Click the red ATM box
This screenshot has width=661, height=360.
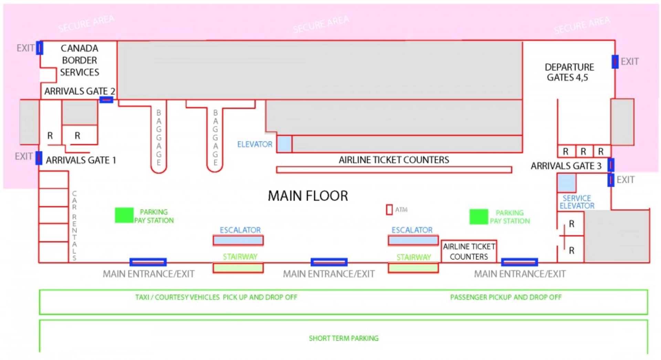389,210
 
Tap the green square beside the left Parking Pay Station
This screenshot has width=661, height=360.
124,215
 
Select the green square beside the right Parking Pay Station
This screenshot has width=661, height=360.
479,216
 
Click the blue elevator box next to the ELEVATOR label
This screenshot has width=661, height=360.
284,144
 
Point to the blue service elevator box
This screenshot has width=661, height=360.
566,183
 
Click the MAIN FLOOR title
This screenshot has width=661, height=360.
308,196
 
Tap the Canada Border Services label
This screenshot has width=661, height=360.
80,60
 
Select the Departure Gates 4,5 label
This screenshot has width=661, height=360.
569,72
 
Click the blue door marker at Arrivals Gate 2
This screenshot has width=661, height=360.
106,100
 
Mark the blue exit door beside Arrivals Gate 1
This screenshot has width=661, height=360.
39,158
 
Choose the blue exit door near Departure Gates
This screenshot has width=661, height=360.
615,62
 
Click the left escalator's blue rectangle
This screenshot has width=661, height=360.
238,240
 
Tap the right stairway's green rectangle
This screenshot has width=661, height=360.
413,268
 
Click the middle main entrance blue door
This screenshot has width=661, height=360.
329,262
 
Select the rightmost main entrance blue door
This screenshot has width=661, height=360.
519,262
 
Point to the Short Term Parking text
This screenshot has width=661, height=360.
344,338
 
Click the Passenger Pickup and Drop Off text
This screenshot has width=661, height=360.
506,297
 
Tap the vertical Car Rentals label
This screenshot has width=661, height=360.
74,225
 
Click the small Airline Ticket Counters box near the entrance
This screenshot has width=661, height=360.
469,252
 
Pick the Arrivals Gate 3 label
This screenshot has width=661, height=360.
566,166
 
